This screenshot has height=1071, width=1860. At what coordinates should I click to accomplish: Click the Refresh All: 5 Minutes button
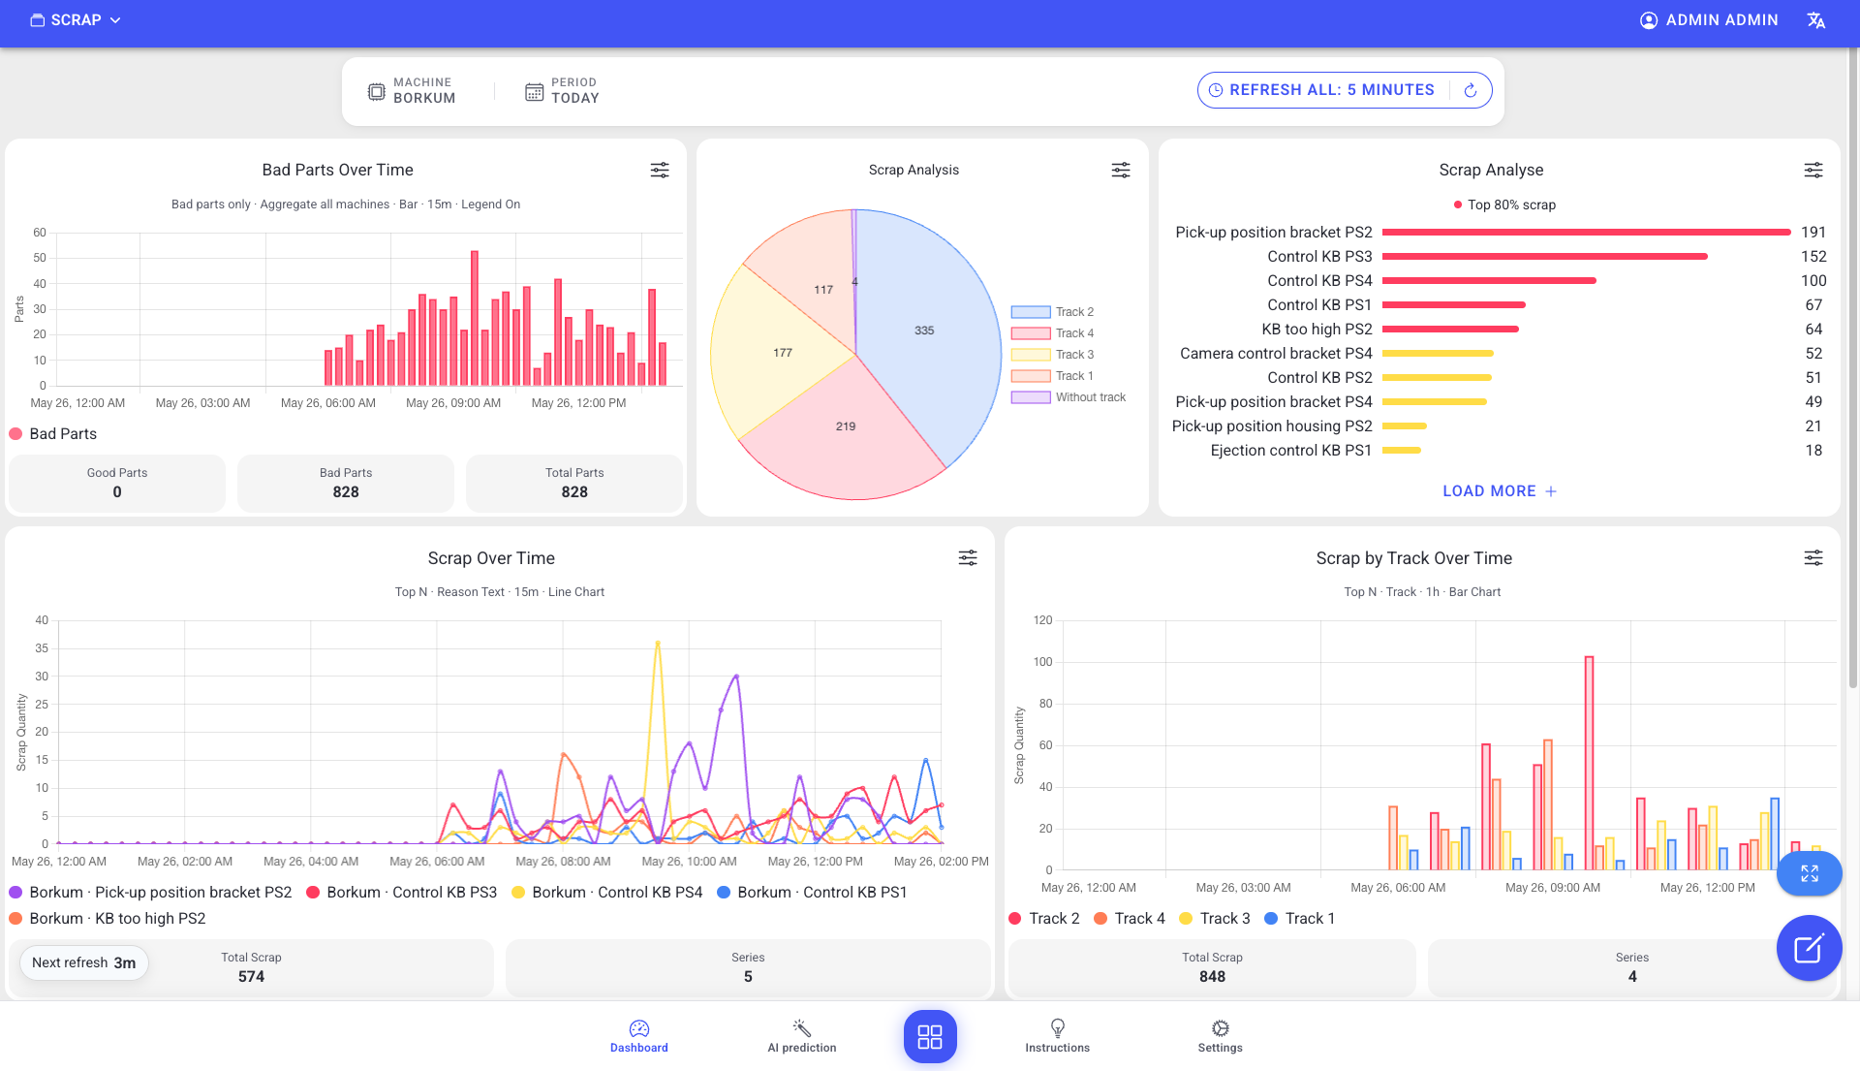tap(1344, 90)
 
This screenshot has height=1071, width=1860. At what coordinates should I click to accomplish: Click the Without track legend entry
tap(1069, 397)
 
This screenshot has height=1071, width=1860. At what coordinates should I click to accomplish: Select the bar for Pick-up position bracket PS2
tap(1586, 233)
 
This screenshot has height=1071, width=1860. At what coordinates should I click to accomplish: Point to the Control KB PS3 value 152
tap(1813, 257)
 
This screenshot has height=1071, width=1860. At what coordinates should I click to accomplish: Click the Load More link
tap(1500, 491)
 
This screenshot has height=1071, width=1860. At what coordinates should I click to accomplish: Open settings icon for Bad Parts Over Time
tap(660, 171)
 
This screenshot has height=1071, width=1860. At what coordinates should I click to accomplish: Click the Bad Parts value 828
tap(346, 492)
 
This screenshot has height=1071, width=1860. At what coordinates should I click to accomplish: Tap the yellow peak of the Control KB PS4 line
tap(658, 643)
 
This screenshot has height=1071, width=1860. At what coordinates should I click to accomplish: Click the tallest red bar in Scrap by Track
tap(1589, 764)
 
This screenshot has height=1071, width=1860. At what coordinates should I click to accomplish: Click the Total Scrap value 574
tap(251, 977)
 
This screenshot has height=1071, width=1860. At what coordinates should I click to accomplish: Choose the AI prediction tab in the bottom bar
tap(802, 1036)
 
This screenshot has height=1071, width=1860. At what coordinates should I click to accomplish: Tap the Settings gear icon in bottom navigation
tap(1221, 1028)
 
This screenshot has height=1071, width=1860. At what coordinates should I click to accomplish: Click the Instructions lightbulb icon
tap(1058, 1028)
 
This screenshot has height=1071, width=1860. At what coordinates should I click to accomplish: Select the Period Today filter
tap(562, 91)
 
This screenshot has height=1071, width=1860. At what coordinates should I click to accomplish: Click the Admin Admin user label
tap(1721, 20)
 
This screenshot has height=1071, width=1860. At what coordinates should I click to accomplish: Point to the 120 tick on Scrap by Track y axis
tap(1042, 620)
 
